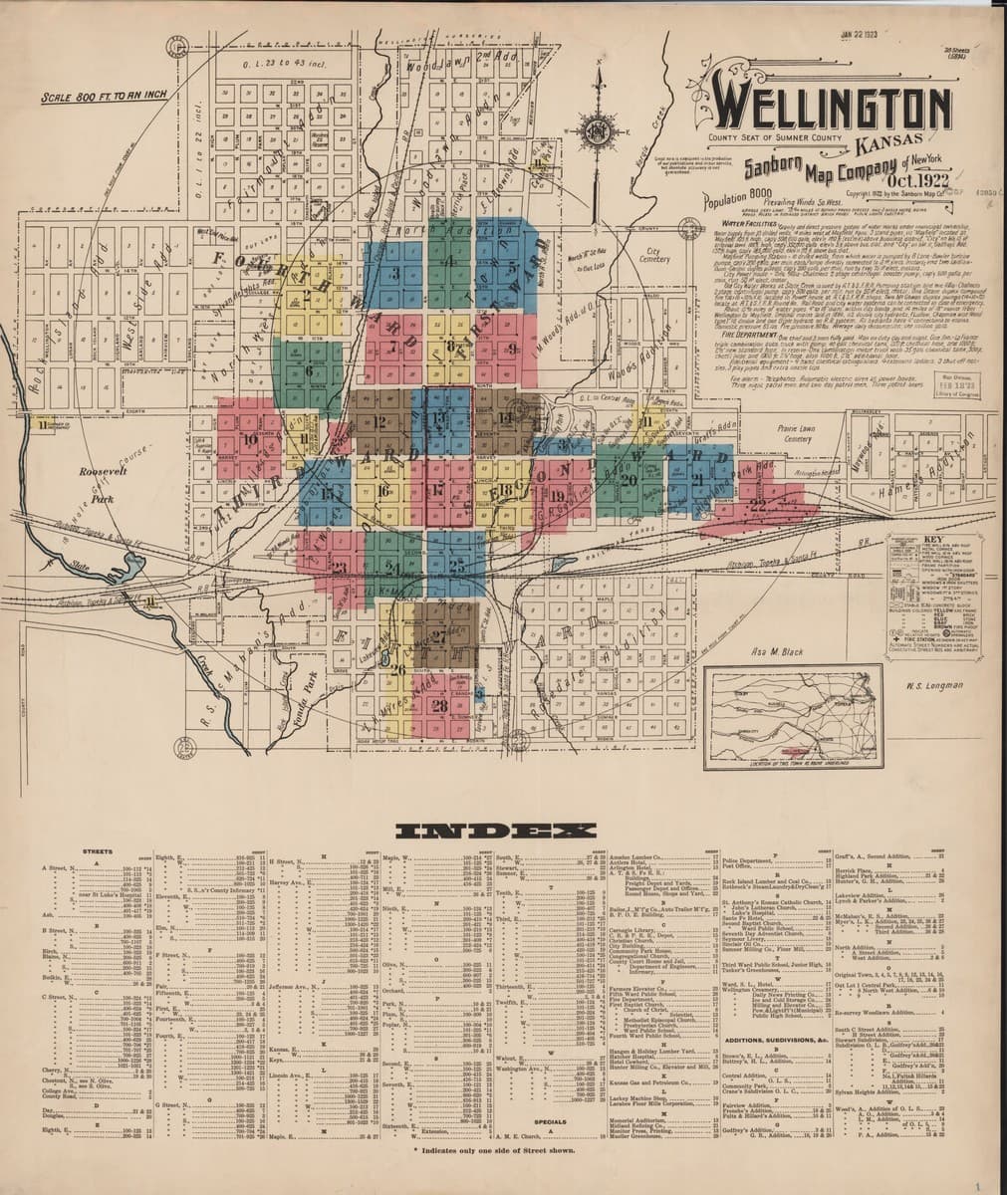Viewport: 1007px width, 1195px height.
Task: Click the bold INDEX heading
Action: click(496, 832)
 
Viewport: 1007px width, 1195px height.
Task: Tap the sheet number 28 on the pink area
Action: click(440, 705)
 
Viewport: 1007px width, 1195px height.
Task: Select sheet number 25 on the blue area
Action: click(456, 565)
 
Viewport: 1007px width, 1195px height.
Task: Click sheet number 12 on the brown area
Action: click(381, 421)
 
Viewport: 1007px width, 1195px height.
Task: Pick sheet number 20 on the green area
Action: click(628, 479)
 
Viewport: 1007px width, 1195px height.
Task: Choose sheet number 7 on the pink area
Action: click(394, 347)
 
